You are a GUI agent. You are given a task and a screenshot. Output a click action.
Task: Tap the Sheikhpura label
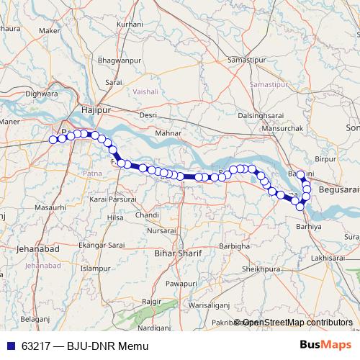tap(260, 269)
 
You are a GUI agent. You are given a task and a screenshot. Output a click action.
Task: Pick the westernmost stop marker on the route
tap(53, 140)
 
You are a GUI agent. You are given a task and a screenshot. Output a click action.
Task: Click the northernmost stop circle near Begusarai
tap(301, 174)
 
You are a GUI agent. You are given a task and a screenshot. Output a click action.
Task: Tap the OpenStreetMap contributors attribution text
tap(297, 322)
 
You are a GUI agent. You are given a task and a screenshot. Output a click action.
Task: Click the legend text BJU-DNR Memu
tap(107, 346)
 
